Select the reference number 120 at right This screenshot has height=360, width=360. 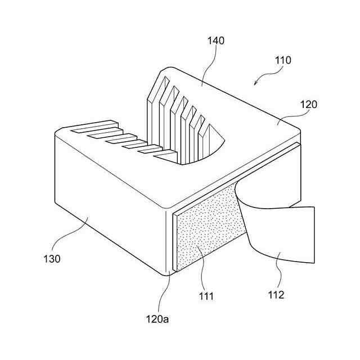(309, 104)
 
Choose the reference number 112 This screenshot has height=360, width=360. (276, 294)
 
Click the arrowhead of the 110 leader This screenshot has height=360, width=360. (256, 84)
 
